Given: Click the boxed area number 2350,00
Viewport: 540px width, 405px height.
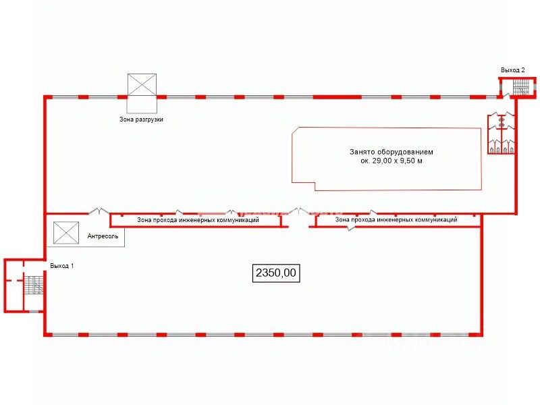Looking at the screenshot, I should click(275, 273).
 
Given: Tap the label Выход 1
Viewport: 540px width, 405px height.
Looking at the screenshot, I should click(61, 266).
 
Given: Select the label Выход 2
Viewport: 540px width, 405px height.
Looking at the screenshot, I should click(512, 70).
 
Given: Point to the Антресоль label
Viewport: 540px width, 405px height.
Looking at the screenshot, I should click(103, 237).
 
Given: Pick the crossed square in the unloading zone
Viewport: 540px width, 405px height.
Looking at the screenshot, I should click(142, 85).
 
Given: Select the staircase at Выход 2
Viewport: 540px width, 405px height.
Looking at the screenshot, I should click(520, 88).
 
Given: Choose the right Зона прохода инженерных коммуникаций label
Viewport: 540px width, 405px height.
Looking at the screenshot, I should click(396, 219).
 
